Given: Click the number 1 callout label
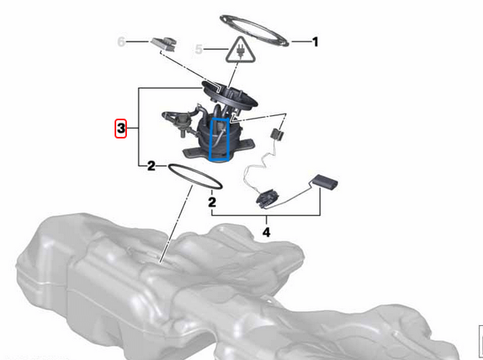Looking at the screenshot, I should [315, 40].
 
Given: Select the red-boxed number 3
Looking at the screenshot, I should [120, 129].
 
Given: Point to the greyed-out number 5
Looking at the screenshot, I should [198, 50].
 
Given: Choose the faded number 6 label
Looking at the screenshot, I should [122, 40].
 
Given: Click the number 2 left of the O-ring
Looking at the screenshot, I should [151, 166].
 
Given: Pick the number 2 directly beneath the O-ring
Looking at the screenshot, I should [212, 201].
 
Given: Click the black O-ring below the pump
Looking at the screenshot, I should [197, 175].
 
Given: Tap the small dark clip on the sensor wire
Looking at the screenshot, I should [277, 132].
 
